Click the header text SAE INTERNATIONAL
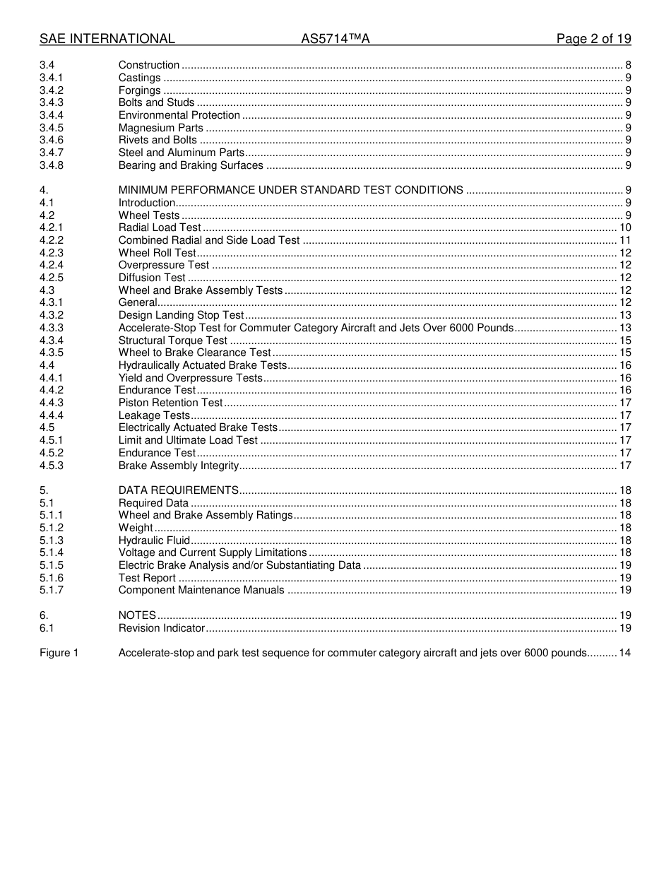pyautogui.click(x=107, y=39)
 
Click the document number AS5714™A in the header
pyautogui.click(x=335, y=39)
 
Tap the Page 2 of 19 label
pyautogui.click(x=593, y=39)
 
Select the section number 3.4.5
pyautogui.click(x=52, y=128)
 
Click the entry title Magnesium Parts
pyautogui.click(x=160, y=128)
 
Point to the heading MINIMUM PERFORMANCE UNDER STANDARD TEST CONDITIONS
pyautogui.click(x=290, y=190)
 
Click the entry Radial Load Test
pyautogui.click(x=160, y=227)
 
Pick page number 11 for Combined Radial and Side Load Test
pyautogui.click(x=625, y=240)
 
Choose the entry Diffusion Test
pyautogui.click(x=152, y=278)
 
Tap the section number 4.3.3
pyautogui.click(x=52, y=328)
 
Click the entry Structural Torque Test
pyautogui.click(x=173, y=341)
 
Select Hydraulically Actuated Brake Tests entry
pyautogui.click(x=203, y=365)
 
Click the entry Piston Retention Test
pyautogui.click(x=170, y=403)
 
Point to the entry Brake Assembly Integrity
pyautogui.click(x=179, y=466)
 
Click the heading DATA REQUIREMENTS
pyautogui.click(x=178, y=490)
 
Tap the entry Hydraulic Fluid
pyautogui.click(x=154, y=540)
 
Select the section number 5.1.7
pyautogui.click(x=52, y=590)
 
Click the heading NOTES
pyautogui.click(x=137, y=615)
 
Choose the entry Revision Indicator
pyautogui.click(x=161, y=628)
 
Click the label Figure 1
pyautogui.click(x=59, y=653)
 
